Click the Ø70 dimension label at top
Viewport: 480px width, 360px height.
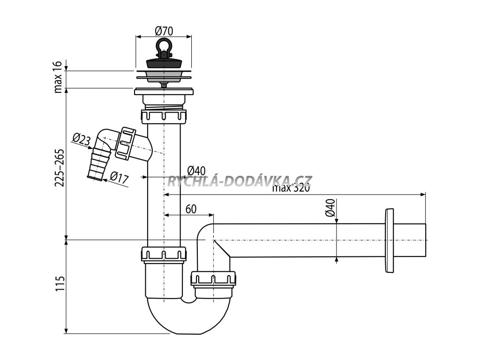[x=164, y=31]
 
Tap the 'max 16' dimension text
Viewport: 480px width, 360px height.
[x=59, y=76]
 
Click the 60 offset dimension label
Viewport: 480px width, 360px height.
[x=191, y=209]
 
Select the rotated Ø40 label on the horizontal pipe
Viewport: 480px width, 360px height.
[x=331, y=208]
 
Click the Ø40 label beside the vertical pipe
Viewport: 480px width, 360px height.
[x=196, y=171]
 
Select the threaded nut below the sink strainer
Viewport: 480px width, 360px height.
[x=164, y=115]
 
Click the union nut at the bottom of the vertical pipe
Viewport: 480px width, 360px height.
[x=164, y=254]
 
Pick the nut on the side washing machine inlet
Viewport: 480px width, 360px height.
[x=127, y=142]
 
